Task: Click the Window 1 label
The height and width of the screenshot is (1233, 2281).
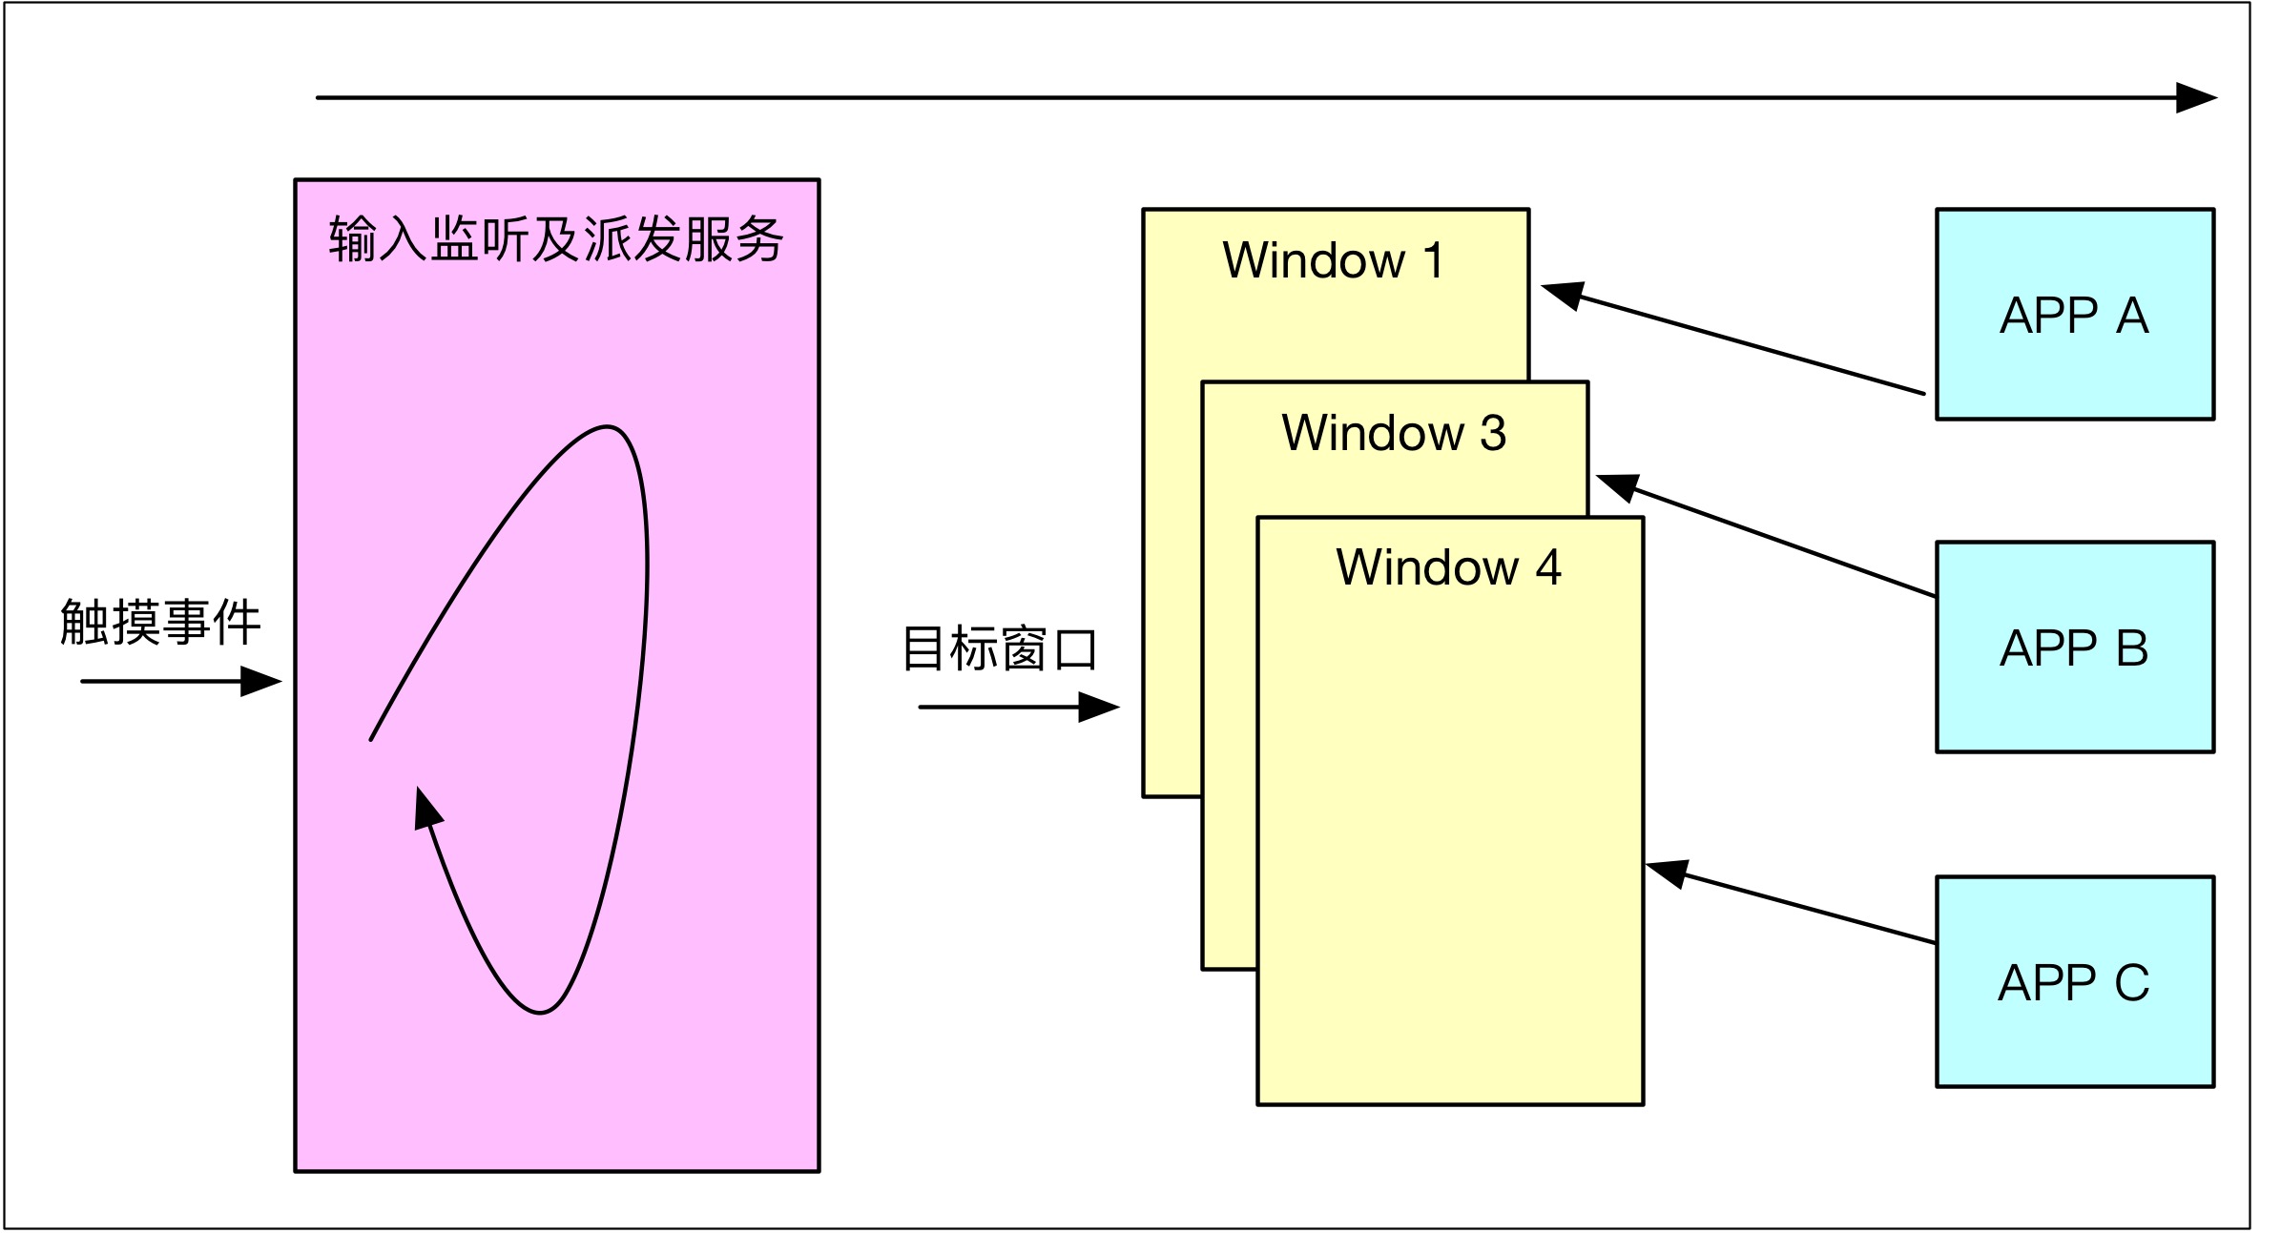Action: pos(1333,260)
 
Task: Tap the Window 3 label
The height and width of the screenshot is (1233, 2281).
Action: pos(1393,433)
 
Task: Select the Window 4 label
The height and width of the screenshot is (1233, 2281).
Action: pos(1448,567)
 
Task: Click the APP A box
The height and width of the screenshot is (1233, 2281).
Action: pos(2074,315)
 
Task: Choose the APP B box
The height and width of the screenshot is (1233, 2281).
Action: pos(2074,647)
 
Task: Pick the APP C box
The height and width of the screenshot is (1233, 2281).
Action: pos(2074,982)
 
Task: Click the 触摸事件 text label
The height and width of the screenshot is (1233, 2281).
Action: pos(160,623)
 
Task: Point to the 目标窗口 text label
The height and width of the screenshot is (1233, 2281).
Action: pos(1000,649)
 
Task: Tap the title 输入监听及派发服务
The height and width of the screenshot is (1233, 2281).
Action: pos(556,238)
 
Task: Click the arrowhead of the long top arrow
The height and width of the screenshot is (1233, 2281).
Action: pos(2196,97)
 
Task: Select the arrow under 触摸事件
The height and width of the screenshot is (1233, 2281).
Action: pos(181,682)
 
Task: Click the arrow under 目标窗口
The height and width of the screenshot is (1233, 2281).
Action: pos(1019,708)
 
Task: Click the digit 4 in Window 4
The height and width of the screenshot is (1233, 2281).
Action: pos(1548,567)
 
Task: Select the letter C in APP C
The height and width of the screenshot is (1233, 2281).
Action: pos(2131,982)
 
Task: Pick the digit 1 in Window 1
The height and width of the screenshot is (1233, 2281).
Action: pos(1433,260)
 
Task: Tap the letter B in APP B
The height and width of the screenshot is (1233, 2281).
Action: pos(2131,647)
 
